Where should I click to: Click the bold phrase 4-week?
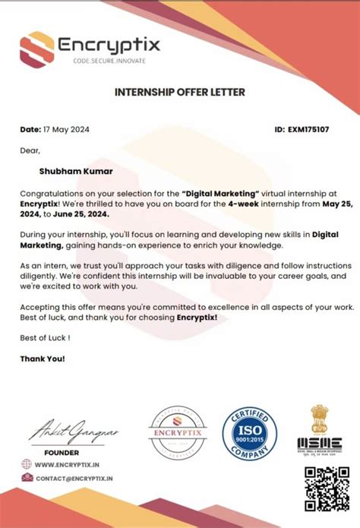210,204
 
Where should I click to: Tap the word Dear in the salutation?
30,150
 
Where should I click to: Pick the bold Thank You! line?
43,358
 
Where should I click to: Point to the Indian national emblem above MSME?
320,419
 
